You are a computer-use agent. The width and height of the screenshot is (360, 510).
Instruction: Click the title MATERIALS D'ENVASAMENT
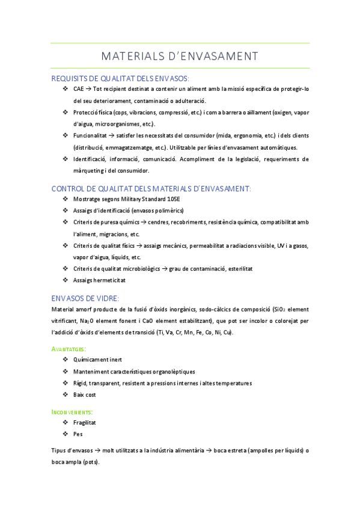[180, 56]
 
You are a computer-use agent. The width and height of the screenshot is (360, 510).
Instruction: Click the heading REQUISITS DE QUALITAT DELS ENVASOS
[120, 78]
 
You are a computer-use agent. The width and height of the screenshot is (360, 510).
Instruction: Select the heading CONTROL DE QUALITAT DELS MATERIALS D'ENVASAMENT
[151, 188]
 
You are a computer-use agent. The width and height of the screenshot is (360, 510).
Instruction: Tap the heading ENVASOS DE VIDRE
[85, 298]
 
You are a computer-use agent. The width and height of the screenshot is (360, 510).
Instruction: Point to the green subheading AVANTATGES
[69, 348]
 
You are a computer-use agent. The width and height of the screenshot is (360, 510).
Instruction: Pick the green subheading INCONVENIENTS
[72, 412]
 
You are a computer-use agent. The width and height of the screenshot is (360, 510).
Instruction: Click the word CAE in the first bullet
[78, 89]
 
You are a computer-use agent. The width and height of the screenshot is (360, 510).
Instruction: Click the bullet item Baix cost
[84, 395]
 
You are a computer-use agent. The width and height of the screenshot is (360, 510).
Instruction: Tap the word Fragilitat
[85, 423]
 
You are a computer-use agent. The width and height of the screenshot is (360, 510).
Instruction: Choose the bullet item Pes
[78, 434]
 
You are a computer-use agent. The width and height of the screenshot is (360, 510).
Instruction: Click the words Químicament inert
[97, 360]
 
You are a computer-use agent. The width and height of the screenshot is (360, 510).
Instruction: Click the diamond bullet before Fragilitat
[65, 423]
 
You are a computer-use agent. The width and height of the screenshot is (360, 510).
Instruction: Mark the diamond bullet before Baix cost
[65, 395]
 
